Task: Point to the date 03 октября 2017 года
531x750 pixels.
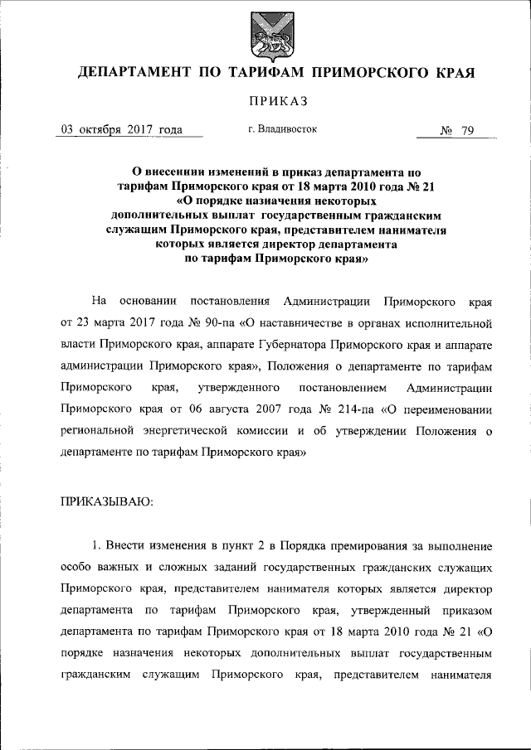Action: click(x=122, y=129)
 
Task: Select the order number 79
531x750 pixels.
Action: click(x=465, y=130)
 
